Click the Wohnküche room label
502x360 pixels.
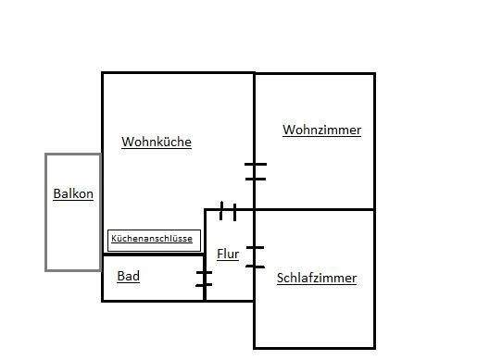(157, 142)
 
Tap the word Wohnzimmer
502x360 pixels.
(321, 130)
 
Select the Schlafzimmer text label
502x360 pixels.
(317, 278)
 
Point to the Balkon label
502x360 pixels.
(73, 194)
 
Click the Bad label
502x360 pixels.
(128, 276)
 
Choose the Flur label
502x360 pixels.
(228, 254)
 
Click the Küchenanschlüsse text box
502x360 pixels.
(153, 239)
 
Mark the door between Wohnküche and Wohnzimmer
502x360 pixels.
(255, 170)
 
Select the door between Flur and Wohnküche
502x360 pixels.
(228, 211)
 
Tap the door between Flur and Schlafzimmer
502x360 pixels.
(255, 257)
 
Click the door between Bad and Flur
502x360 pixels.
(204, 279)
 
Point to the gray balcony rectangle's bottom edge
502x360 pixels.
(73, 269)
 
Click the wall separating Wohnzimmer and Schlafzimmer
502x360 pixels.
(315, 209)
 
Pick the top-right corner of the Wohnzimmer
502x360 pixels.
(374, 73)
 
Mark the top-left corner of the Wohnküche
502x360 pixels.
(102, 73)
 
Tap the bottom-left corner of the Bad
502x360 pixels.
(103, 301)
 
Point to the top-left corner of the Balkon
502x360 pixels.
(46, 154)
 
